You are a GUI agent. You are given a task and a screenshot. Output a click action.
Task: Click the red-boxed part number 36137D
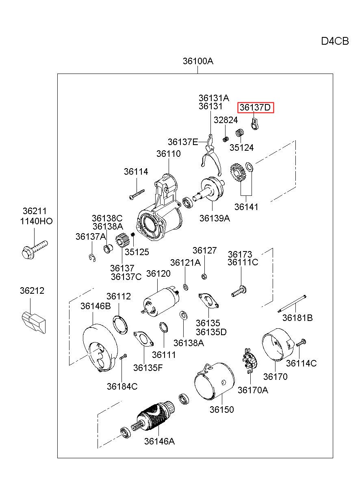click(x=255, y=107)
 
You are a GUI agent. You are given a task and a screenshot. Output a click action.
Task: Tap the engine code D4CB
click(x=335, y=41)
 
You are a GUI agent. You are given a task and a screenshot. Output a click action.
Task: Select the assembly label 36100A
click(x=198, y=61)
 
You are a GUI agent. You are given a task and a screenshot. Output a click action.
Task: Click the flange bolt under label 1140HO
click(x=35, y=249)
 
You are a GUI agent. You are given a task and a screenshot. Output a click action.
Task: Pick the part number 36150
click(x=221, y=410)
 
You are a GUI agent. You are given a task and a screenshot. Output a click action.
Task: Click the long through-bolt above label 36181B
click(x=292, y=304)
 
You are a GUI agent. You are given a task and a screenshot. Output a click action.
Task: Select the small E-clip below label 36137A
click(x=93, y=258)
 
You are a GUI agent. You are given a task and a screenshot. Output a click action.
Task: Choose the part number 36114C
click(x=301, y=363)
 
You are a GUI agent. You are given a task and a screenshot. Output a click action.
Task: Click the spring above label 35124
click(x=240, y=132)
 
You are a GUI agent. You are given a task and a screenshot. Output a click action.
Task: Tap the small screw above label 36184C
click(x=123, y=357)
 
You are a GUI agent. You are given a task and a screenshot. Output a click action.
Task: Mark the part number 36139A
click(x=215, y=218)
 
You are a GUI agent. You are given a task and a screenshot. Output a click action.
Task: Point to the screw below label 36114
click(x=137, y=195)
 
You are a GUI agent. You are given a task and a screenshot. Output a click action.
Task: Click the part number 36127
click(x=204, y=250)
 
